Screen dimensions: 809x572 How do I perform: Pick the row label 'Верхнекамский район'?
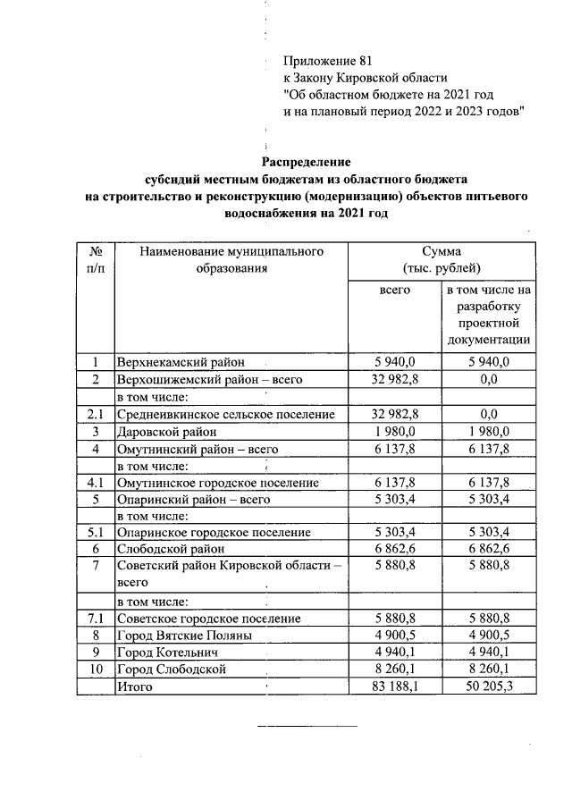180,362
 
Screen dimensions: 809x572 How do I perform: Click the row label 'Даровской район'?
165,432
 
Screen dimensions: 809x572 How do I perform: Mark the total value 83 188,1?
394,687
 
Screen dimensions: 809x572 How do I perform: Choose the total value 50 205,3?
489,687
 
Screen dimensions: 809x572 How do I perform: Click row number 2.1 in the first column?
95,415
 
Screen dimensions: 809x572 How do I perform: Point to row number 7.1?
95,619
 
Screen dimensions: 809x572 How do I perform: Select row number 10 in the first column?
95,670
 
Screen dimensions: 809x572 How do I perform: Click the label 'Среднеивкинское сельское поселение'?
226,415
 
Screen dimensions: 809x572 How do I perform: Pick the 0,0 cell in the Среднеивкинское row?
489,415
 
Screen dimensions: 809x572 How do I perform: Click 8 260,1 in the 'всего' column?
394,670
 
